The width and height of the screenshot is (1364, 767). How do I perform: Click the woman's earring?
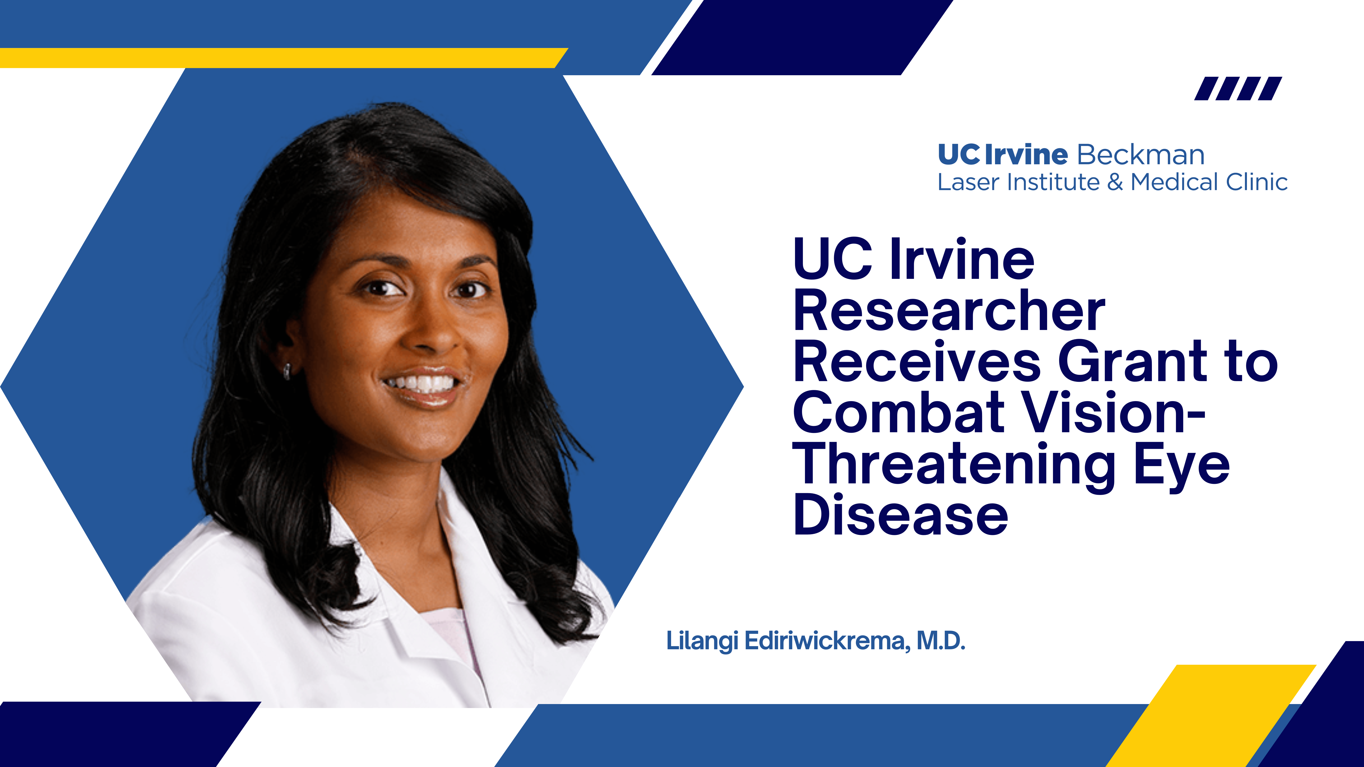286,371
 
